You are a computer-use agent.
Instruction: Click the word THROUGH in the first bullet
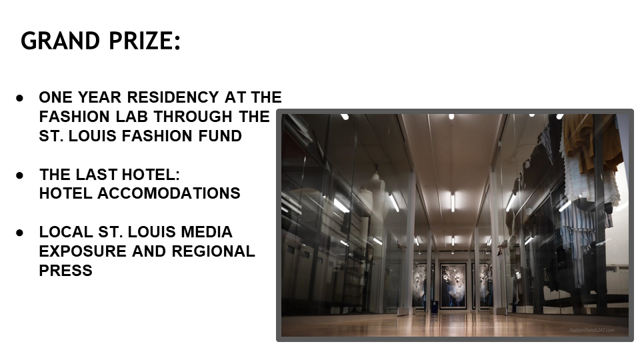pos(193,117)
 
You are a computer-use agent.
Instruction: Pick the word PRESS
pos(65,271)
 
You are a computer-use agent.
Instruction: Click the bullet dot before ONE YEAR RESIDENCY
pos(20,98)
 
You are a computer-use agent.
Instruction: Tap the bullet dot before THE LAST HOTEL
pos(20,175)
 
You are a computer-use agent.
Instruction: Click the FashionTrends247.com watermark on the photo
pos(591,330)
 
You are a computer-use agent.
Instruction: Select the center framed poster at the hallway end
pos(453,285)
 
